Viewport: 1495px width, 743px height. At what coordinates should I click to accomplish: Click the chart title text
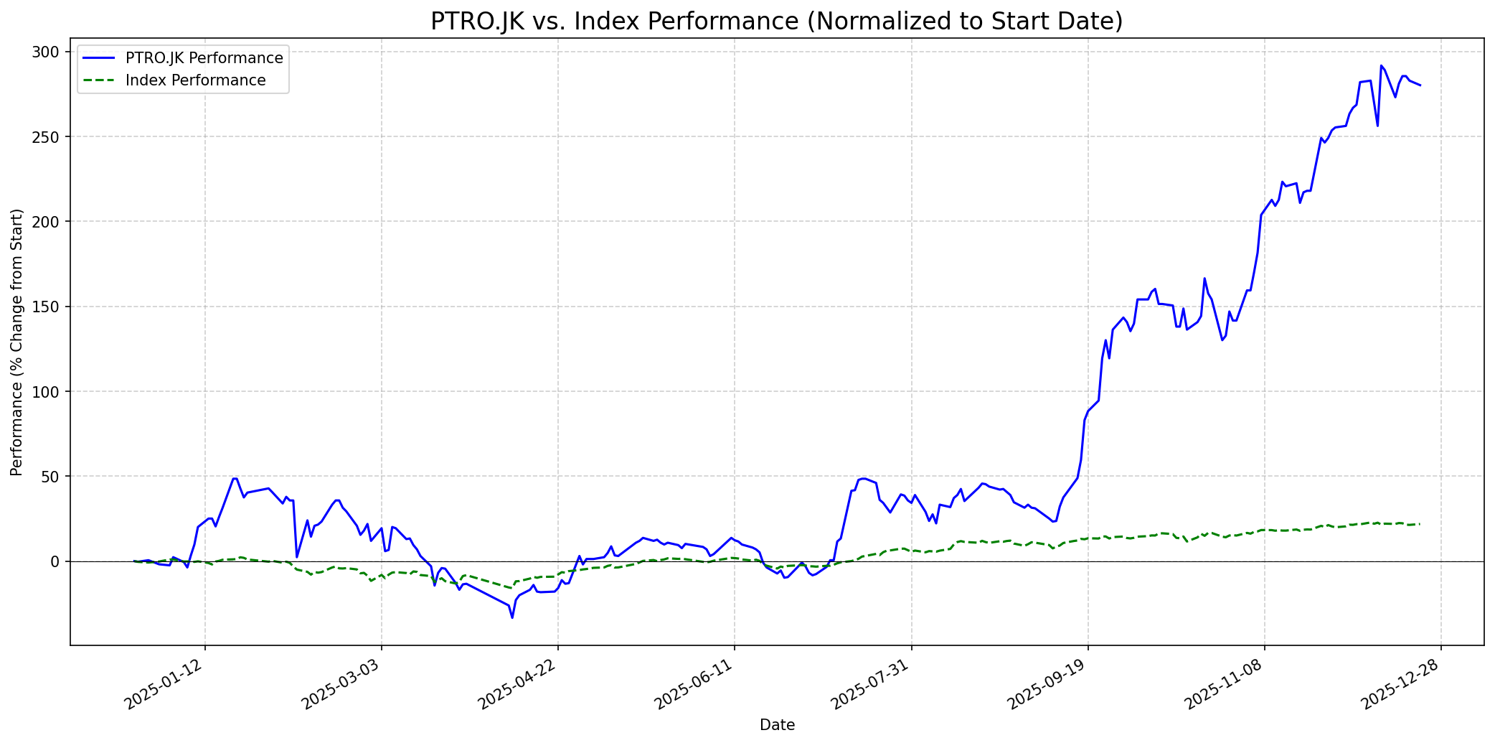pyautogui.click(x=776, y=22)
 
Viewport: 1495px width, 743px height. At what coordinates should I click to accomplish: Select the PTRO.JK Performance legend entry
pyautogui.click(x=204, y=58)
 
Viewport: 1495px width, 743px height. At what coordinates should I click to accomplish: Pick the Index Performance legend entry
pyautogui.click(x=195, y=80)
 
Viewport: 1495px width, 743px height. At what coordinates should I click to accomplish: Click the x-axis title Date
pyautogui.click(x=777, y=725)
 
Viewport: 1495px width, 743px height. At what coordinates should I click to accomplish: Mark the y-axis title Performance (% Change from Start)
pyautogui.click(x=17, y=342)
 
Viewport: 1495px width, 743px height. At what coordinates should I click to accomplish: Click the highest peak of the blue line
pyautogui.click(x=1381, y=65)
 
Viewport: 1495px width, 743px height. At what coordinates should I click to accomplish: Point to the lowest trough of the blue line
pyautogui.click(x=512, y=617)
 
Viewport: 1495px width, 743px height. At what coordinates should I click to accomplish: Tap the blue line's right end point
pyautogui.click(x=1420, y=85)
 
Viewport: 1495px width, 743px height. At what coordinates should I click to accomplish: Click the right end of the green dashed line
pyautogui.click(x=1420, y=524)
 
